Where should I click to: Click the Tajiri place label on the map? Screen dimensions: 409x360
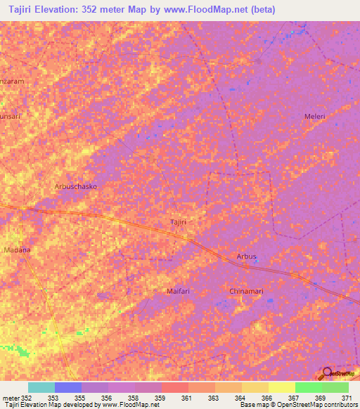coord(179,222)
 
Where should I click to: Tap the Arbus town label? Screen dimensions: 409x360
coord(247,257)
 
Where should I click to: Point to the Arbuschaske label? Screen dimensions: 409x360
coord(75,187)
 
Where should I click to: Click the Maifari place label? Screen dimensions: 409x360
coord(179,291)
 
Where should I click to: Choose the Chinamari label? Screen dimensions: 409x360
coord(246,291)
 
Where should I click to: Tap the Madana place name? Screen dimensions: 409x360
coord(17,249)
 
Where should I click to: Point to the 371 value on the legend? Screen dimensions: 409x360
coord(348,398)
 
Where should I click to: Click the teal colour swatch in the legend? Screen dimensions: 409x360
coord(41,387)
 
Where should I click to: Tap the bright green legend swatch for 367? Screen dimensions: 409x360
coord(308,387)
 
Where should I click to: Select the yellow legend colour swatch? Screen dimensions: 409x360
coord(281,387)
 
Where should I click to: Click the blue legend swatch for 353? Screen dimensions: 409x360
coord(68,387)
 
